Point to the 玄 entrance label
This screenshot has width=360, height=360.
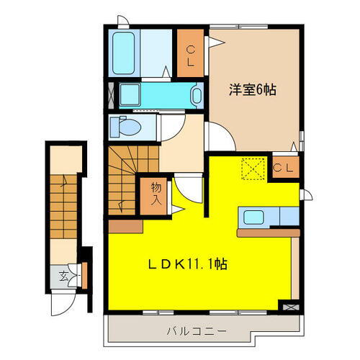[63, 276]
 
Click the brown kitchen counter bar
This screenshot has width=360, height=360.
[267, 233]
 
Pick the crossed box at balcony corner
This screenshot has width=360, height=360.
[289, 307]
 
